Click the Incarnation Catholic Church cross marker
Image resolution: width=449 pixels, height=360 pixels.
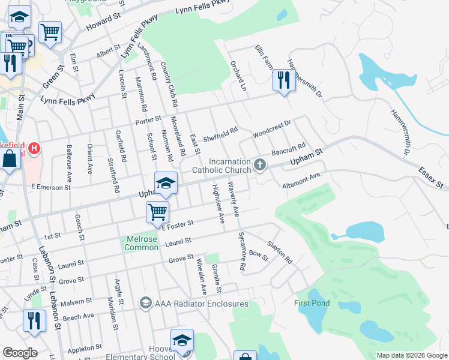coord(259,164)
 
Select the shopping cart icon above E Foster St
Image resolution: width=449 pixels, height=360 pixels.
coord(157,211)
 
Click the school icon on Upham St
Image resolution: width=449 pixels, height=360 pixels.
coord(166,182)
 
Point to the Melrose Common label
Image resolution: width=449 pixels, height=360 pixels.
coord(142,242)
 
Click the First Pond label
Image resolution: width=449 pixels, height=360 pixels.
coord(312,303)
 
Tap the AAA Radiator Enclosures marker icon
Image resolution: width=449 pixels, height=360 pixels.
coord(145,302)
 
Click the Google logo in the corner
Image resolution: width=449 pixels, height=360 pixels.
coord(19,353)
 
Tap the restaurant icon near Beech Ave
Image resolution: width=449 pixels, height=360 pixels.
coord(34,320)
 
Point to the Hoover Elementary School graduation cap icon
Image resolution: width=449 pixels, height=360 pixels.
coord(182,340)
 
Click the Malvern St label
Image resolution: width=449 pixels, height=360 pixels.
coord(71,302)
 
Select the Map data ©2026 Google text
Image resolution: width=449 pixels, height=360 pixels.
coord(412,355)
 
